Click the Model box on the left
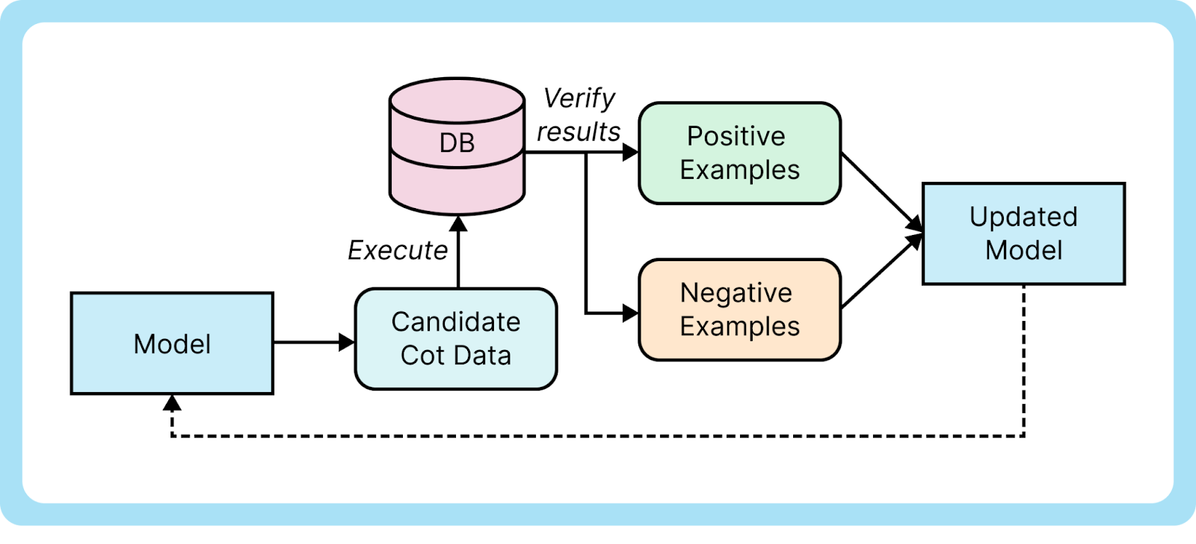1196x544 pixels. coord(172,343)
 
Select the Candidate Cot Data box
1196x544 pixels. coord(455,338)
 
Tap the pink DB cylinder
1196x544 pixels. coord(457,180)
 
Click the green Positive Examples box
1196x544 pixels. coord(739,153)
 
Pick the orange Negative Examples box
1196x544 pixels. coord(739,309)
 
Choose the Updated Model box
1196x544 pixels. coord(1023,233)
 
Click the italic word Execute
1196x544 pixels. coord(398,250)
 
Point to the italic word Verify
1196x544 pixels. coord(579,98)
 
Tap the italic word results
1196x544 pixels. coord(579,132)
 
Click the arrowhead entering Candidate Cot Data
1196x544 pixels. coord(347,343)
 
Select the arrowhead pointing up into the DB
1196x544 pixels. coord(457,223)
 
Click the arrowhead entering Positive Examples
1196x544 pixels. coord(630,153)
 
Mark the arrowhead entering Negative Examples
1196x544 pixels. coord(630,313)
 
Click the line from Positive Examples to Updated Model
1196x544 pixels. coord(878,189)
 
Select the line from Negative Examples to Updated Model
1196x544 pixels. coord(878,274)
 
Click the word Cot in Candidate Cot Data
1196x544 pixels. coord(422,355)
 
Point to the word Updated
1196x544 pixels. coord(1023,217)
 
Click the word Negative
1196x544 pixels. coord(736,293)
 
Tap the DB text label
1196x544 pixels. coord(457,142)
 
